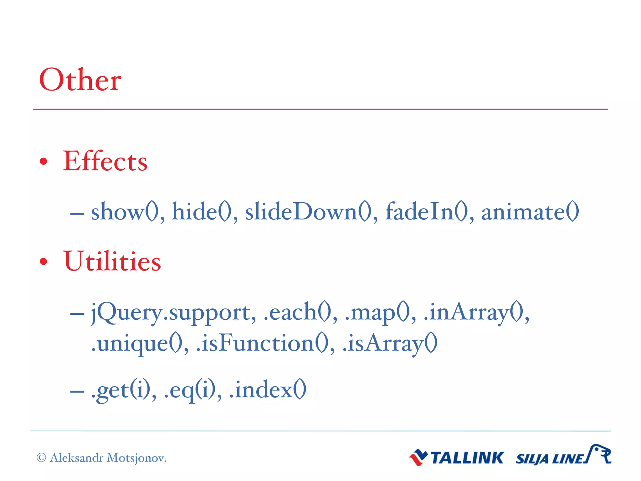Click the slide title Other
[80, 80]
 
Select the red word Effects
[105, 161]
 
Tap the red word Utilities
[112, 261]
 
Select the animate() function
[530, 212]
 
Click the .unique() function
[138, 344]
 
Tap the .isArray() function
[390, 344]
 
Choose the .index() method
[268, 390]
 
